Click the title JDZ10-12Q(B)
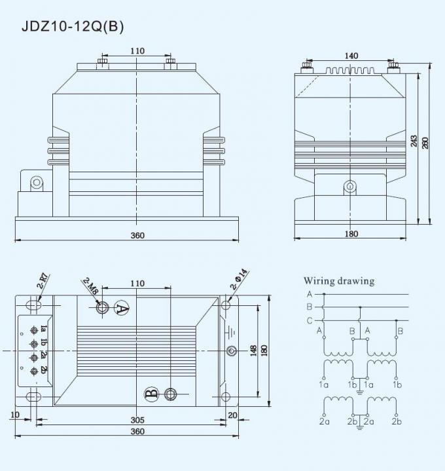pos(73,26)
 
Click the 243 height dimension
pos(414,141)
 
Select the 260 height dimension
pos(425,143)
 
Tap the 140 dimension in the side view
pos(351,56)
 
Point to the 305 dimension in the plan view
pos(137,420)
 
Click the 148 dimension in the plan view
pos(253,351)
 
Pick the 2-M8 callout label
pos(90,287)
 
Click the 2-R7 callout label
pos(44,281)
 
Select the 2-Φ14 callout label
pos(240,279)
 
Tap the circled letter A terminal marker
pos(122,308)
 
